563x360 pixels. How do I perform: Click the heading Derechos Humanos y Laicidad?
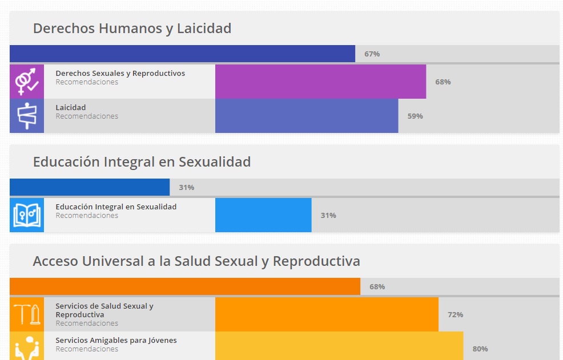point(132,28)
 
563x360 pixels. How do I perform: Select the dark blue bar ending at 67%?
point(182,54)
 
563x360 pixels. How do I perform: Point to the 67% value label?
point(372,54)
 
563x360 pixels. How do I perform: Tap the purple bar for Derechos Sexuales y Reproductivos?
point(320,82)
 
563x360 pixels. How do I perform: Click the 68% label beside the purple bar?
point(443,82)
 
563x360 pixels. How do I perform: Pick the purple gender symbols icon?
point(27,82)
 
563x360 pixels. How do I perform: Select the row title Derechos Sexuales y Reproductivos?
point(120,73)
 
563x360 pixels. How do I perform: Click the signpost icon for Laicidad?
point(27,116)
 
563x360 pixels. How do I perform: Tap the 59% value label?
point(415,116)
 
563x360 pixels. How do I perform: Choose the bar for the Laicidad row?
point(307,116)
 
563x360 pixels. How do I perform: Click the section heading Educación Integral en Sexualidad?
point(142,161)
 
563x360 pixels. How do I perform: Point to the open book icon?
point(27,215)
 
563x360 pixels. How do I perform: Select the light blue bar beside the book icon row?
point(263,215)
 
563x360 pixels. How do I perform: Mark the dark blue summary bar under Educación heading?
point(90,187)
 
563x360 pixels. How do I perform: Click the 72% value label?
point(455,314)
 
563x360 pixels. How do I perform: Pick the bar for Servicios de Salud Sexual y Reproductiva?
point(327,314)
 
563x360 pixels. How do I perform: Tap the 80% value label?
point(480,349)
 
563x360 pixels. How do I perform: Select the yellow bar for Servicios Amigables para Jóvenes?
point(339,346)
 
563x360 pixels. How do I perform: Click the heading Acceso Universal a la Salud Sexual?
point(196,261)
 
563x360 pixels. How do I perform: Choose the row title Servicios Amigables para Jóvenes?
point(116,340)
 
